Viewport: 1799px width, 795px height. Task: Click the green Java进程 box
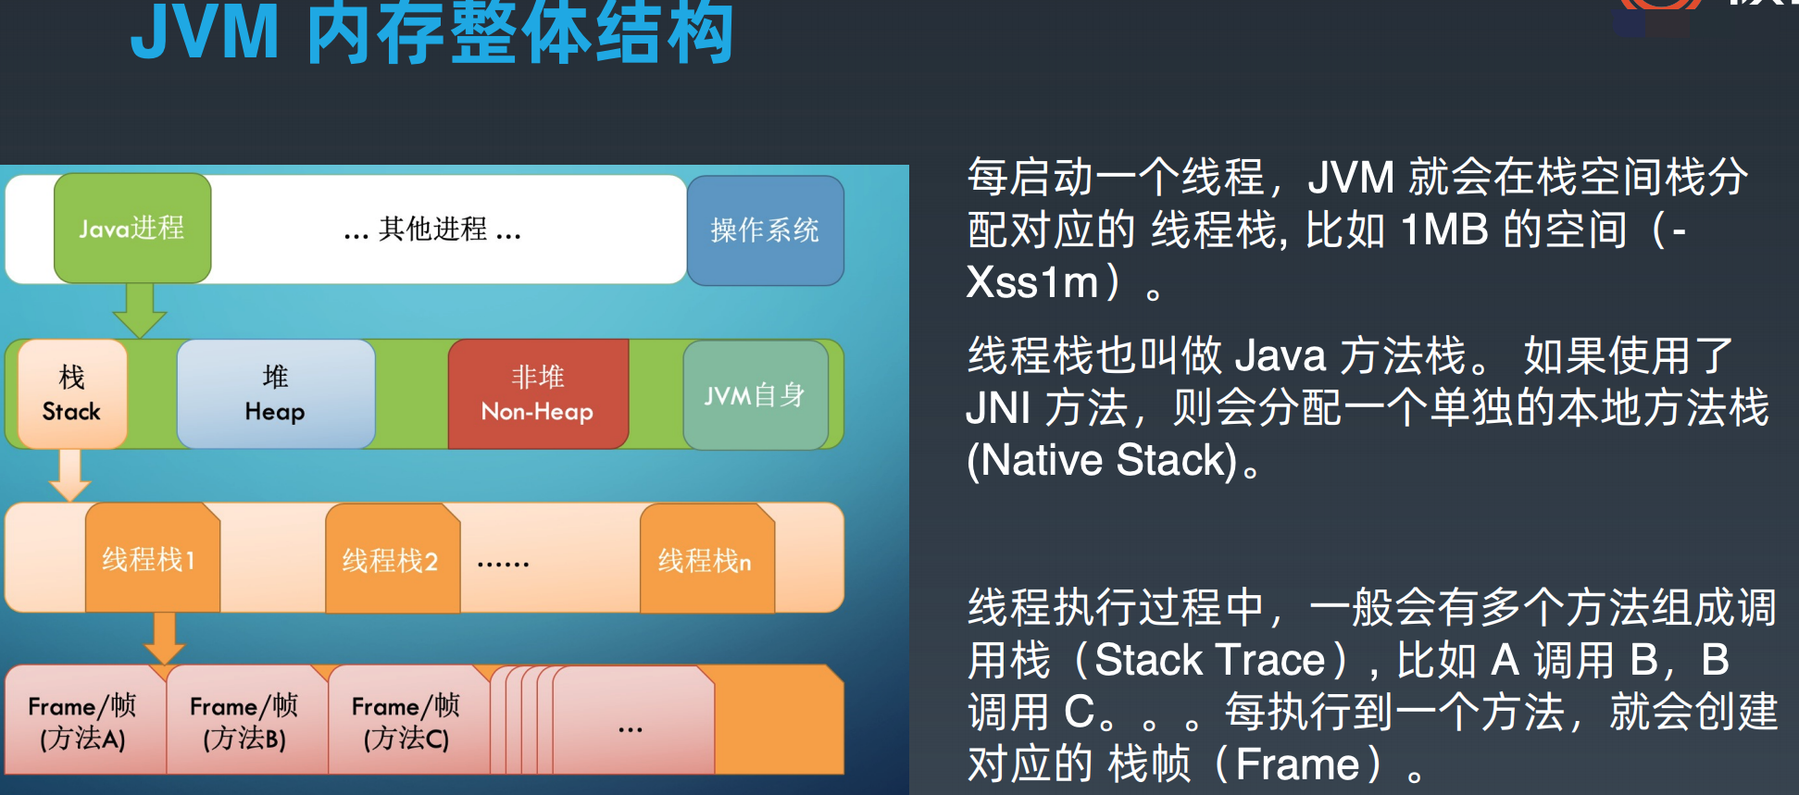(132, 228)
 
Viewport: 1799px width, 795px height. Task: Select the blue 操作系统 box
(765, 230)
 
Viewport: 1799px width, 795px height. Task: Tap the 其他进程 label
(432, 229)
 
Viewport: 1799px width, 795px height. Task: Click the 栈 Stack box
(72, 394)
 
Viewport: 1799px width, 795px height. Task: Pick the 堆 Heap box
(275, 394)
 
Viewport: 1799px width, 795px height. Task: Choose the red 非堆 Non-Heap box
(538, 394)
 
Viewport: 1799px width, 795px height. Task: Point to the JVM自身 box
(755, 395)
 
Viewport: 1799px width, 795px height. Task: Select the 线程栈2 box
(392, 560)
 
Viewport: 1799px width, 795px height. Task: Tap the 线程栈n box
(706, 560)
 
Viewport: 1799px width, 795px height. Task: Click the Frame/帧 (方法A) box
(83, 721)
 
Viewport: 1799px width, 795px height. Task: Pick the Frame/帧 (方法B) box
(245, 721)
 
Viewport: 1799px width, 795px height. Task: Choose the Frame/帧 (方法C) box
(407, 721)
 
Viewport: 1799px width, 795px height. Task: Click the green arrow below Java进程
(140, 311)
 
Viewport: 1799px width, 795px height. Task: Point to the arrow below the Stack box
(69, 475)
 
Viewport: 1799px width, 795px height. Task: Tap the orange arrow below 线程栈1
(165, 638)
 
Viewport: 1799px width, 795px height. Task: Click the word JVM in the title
(205, 33)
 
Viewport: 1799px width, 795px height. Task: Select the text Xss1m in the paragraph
(1032, 282)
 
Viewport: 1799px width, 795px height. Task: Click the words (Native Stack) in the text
(1102, 460)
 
